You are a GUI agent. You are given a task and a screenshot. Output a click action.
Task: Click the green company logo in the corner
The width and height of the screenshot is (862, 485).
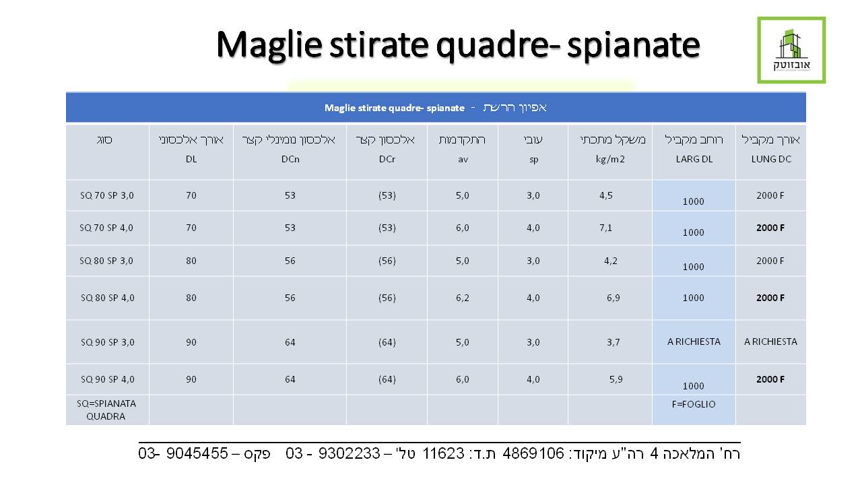point(791,50)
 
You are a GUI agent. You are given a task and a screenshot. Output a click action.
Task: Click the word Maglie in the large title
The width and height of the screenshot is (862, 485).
point(269,45)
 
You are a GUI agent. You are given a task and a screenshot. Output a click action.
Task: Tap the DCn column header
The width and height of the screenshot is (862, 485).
point(290,160)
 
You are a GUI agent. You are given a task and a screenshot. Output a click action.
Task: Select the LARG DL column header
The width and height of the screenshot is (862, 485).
point(694,160)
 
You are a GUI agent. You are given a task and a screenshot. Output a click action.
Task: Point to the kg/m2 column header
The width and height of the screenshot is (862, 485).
point(610,160)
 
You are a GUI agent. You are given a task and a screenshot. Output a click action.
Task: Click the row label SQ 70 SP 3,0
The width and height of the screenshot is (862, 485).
point(107,195)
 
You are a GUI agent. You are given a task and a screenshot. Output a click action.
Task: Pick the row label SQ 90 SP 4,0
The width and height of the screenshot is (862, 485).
point(107,379)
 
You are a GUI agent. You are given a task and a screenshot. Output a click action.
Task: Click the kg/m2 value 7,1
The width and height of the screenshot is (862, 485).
point(605,228)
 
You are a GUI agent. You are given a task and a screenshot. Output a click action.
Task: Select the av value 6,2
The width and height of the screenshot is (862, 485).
point(463,298)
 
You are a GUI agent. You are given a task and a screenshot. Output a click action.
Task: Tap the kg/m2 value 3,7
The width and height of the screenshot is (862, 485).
point(614,343)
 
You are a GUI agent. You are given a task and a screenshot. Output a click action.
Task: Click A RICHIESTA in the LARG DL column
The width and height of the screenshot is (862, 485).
point(694,342)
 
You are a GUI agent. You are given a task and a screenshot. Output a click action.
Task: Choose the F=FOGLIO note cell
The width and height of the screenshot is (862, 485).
point(694,404)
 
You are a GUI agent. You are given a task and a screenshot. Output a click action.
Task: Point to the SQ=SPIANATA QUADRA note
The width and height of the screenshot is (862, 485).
point(106,410)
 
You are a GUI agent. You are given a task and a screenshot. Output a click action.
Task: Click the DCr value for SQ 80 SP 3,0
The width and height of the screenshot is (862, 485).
point(387,261)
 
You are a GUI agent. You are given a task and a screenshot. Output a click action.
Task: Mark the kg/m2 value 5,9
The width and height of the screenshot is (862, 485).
point(616,379)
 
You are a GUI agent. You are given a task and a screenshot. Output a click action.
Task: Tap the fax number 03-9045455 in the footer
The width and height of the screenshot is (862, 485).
point(183,453)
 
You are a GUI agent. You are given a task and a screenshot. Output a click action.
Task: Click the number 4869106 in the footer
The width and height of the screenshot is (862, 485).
point(533,453)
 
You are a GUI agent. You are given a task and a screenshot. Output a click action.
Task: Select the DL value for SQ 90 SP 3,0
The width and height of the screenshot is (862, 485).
point(191,343)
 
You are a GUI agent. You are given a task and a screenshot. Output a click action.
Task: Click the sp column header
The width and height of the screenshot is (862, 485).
point(533,160)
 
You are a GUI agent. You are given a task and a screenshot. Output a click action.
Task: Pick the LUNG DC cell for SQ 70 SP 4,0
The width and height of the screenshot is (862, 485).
point(770,228)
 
